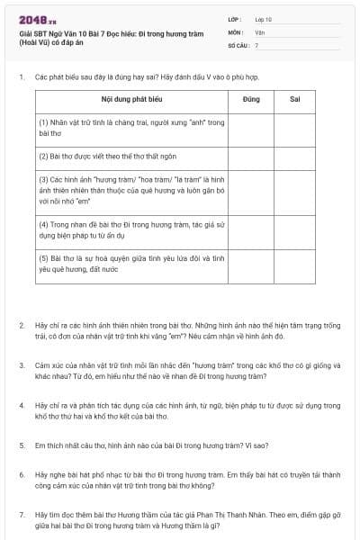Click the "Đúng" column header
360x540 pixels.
click(252, 98)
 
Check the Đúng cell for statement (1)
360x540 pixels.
click(252, 126)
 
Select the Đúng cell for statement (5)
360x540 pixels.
click(252, 265)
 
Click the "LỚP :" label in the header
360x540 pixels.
click(236, 19)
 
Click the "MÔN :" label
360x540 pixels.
click(237, 31)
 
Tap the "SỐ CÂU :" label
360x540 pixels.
click(239, 44)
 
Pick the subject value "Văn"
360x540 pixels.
click(259, 31)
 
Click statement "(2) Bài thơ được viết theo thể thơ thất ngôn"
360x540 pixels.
click(112, 156)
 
